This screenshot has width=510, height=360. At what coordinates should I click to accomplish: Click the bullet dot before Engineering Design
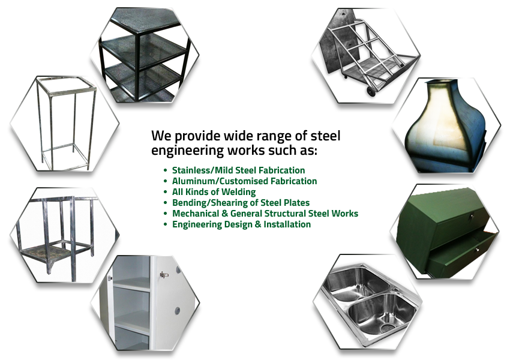[166, 224]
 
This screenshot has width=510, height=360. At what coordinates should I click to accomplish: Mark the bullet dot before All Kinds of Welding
[166, 192]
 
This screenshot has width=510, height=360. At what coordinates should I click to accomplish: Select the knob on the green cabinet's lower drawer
[477, 250]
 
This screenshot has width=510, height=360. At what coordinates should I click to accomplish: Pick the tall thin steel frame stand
[66, 124]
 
